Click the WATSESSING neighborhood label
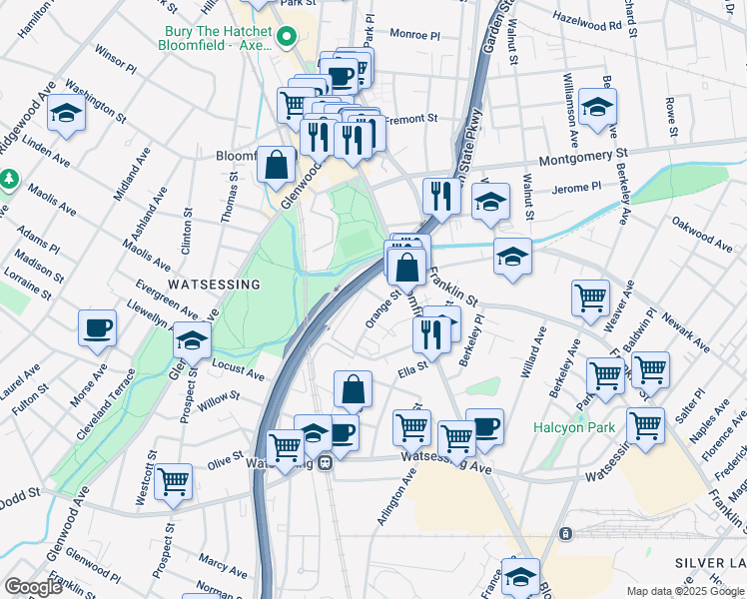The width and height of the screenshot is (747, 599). tap(214, 285)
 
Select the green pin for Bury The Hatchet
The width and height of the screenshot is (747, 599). tap(288, 39)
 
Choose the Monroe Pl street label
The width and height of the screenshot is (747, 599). tap(414, 35)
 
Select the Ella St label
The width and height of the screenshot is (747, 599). tap(412, 372)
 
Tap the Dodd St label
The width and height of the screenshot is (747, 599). tap(19, 493)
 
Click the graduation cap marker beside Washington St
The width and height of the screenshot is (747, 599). tap(67, 114)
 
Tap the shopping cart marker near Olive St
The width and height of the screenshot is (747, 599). tap(174, 481)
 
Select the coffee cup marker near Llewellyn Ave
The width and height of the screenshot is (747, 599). tap(98, 327)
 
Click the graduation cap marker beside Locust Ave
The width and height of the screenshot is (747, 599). tap(192, 339)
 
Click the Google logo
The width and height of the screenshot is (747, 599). tap(33, 587)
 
